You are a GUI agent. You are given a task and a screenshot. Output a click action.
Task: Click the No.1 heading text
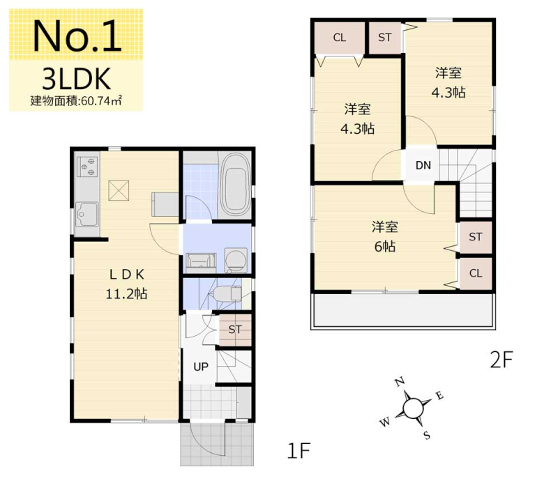[x=77, y=36]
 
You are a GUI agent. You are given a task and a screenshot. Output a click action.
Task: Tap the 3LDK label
[x=77, y=79]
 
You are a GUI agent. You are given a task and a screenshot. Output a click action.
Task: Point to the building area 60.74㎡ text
[x=76, y=101]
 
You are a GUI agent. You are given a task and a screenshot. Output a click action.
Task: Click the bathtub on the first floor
[x=235, y=184]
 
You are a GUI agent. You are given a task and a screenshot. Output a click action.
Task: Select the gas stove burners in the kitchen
[x=88, y=167]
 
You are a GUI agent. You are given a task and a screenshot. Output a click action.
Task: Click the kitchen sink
[x=86, y=215]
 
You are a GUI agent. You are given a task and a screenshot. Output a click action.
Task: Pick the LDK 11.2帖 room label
[x=127, y=284]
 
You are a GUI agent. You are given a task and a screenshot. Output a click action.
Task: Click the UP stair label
[x=201, y=367]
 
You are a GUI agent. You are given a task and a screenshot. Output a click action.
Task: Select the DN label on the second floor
[x=423, y=165]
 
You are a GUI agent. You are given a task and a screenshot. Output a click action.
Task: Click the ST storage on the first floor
[x=235, y=330]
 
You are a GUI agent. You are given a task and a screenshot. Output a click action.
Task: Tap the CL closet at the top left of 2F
[x=340, y=38]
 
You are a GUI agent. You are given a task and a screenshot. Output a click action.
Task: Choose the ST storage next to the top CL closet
[x=385, y=38]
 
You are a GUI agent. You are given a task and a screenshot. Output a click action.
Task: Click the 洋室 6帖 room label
[x=385, y=236]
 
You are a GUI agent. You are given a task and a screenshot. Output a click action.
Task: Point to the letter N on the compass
[x=400, y=382]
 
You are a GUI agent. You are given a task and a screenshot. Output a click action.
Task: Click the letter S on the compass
[x=427, y=435]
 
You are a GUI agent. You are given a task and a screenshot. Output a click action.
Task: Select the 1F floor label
[x=299, y=451]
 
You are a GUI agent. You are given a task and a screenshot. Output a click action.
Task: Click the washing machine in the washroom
[x=236, y=260]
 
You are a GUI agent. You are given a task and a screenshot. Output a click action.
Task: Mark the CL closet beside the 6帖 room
[x=476, y=273]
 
